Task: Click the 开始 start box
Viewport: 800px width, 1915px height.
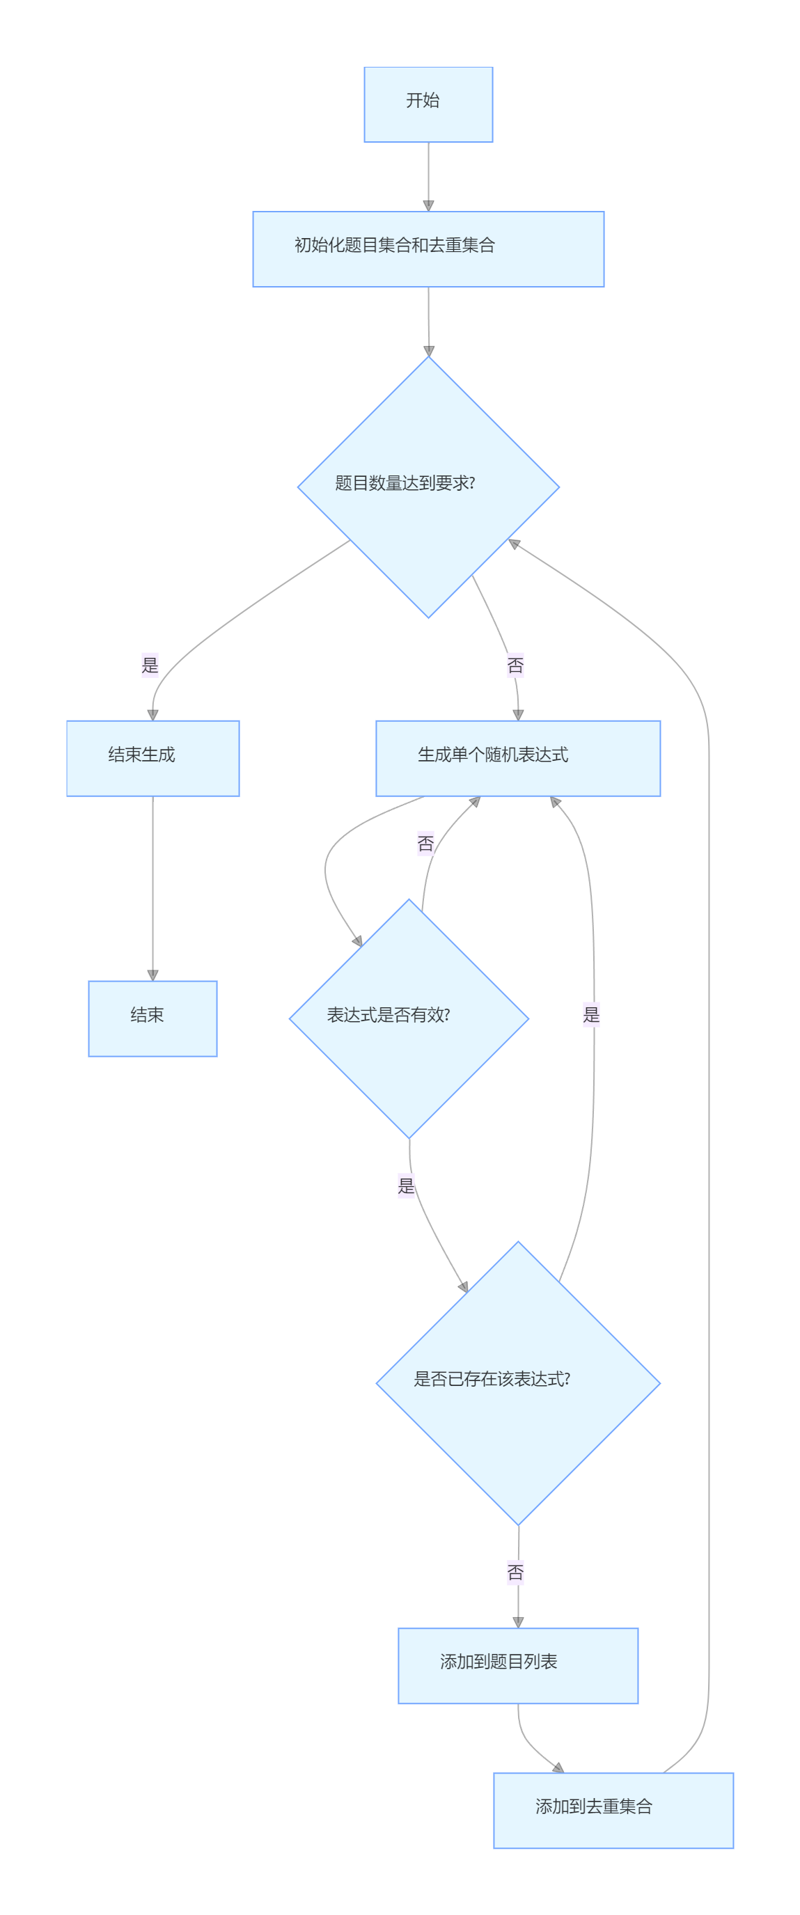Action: click(x=428, y=104)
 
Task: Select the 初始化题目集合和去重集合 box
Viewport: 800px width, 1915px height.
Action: click(x=428, y=249)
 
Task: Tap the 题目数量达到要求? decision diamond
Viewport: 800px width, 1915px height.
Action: click(x=428, y=487)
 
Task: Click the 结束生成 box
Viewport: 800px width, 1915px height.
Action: click(x=152, y=758)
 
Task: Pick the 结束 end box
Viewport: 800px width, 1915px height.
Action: click(x=152, y=1018)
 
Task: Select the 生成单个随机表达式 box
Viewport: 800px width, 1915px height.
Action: click(x=517, y=758)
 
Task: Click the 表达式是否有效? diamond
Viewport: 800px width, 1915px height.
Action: click(x=408, y=1018)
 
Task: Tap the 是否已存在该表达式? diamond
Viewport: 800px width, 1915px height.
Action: click(x=517, y=1382)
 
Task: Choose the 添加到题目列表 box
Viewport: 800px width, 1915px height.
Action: click(x=517, y=1665)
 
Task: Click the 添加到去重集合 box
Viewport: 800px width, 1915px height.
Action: click(x=613, y=1810)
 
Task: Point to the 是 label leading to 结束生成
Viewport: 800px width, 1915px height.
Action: click(x=150, y=665)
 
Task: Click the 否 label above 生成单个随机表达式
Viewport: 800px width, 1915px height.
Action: click(x=515, y=665)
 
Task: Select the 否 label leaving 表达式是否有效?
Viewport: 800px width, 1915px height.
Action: click(x=425, y=843)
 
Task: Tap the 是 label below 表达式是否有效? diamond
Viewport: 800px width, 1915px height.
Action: click(x=406, y=1185)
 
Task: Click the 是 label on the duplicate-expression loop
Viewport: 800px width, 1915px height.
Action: click(x=591, y=1015)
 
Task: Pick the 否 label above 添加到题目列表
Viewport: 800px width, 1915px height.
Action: click(x=515, y=1573)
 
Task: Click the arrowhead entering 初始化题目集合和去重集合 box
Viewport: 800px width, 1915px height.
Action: click(x=428, y=206)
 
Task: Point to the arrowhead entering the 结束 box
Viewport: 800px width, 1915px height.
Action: click(x=152, y=975)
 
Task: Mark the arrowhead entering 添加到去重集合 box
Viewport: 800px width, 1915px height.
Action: click(x=558, y=1768)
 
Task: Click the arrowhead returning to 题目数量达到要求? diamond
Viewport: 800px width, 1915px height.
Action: click(x=514, y=544)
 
